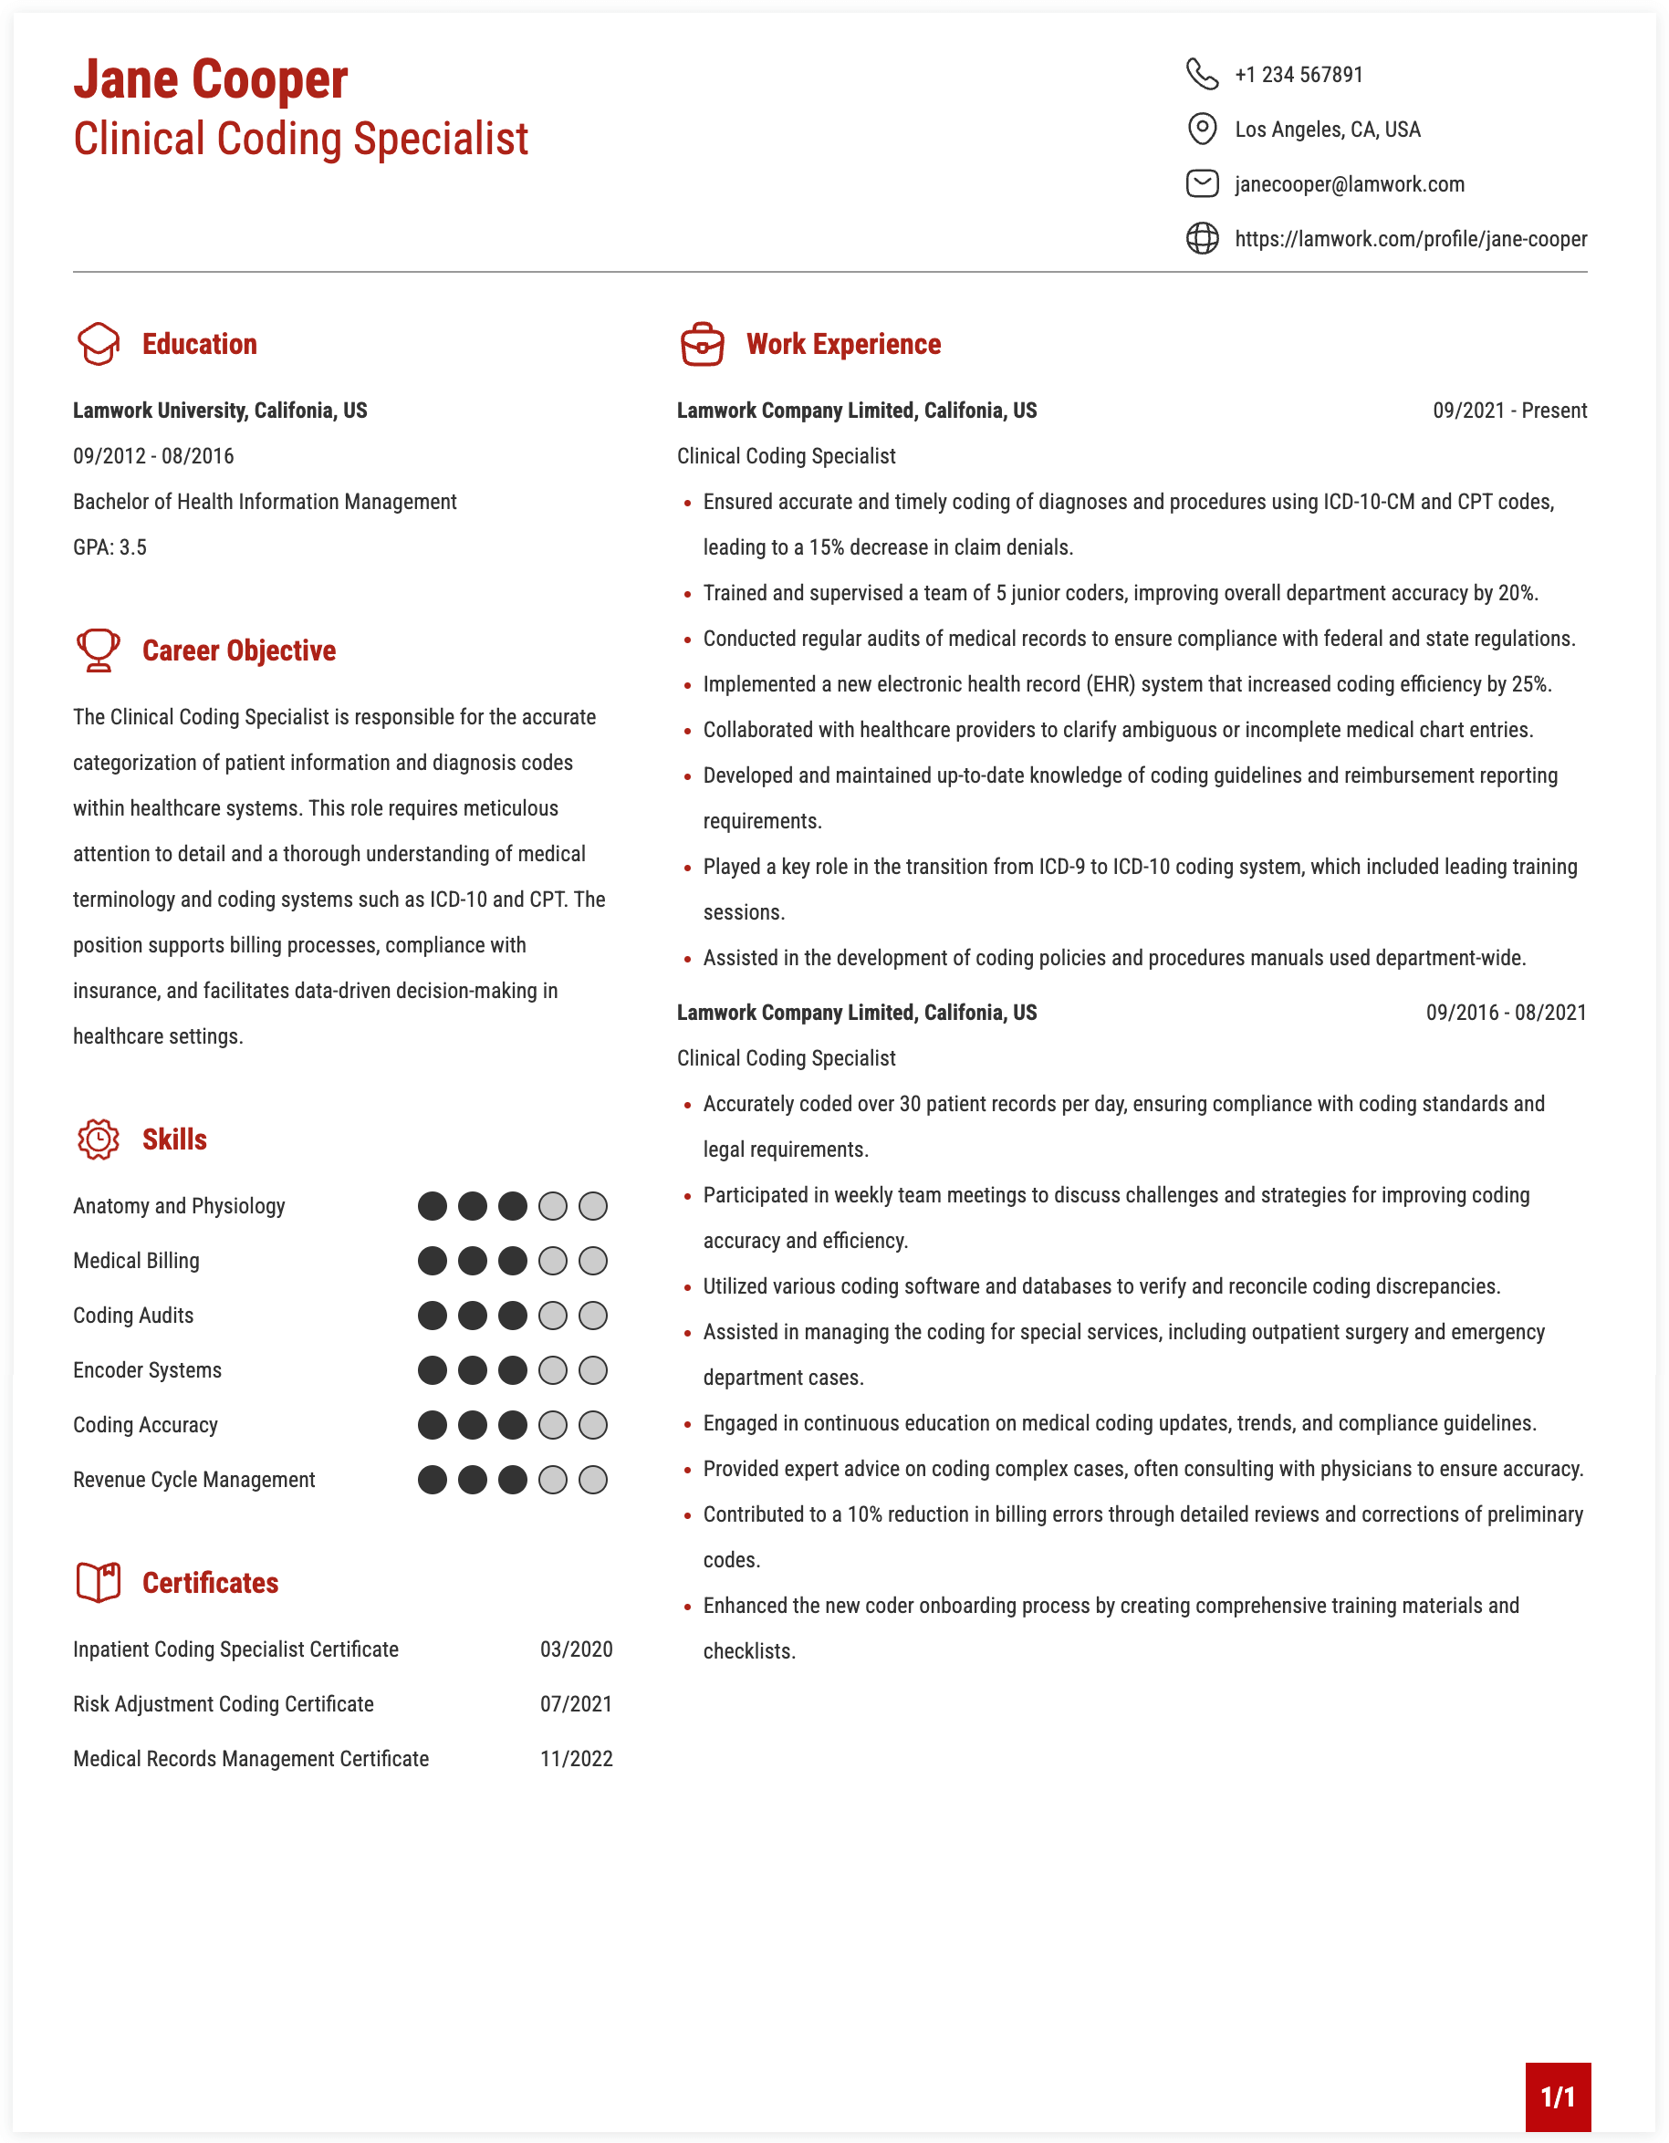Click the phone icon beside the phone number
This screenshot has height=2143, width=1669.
[1202, 75]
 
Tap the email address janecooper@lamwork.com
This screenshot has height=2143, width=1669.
[1349, 184]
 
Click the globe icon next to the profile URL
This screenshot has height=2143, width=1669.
[1202, 238]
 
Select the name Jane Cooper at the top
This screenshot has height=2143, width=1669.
[210, 79]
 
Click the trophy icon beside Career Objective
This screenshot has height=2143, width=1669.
[99, 650]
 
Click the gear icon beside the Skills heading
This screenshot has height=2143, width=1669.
[99, 1139]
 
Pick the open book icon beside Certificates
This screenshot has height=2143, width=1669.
[99, 1583]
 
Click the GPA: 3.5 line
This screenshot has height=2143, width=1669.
[110, 547]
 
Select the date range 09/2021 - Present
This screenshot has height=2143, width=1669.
[1509, 411]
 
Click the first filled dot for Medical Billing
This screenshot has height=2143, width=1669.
[432, 1261]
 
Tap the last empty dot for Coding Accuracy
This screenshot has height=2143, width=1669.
[592, 1425]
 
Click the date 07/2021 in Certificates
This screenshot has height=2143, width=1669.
[576, 1704]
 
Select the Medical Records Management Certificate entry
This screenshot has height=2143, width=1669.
[251, 1759]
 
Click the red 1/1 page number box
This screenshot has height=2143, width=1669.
[1557, 2096]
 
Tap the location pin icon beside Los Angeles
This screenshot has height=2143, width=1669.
[1202, 129]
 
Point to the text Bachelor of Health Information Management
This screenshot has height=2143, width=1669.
[265, 502]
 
